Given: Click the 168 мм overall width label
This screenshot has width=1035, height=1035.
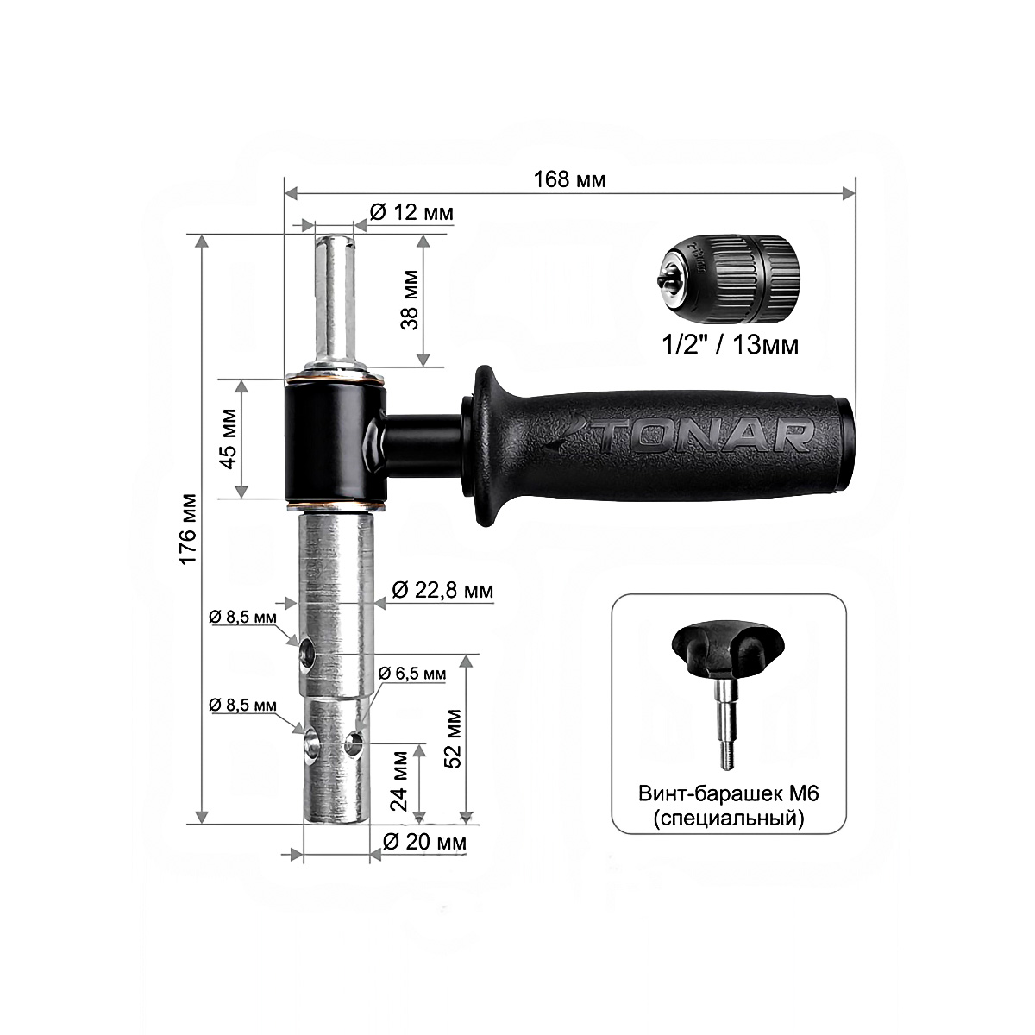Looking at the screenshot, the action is point(569,179).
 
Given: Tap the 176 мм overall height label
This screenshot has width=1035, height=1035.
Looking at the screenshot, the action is point(189,528).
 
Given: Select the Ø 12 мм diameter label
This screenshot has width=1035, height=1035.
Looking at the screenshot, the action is point(411,212).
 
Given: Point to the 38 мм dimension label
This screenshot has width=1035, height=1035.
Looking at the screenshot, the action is point(410,300).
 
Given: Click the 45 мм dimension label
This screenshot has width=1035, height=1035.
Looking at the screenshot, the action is point(229,439).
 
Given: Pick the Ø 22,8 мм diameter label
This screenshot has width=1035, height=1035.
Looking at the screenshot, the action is point(442,590).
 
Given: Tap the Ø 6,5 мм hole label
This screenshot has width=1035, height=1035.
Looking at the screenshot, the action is point(412,673).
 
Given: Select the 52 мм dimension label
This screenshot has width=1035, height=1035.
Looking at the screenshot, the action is point(454,738).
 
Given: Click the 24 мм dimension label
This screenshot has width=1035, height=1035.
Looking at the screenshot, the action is point(399,781).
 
